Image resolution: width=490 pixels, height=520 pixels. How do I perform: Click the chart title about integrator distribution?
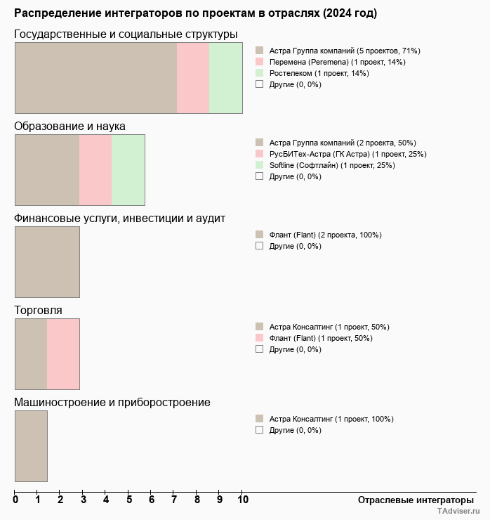[195, 13]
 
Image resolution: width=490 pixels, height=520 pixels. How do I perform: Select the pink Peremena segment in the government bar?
[193, 77]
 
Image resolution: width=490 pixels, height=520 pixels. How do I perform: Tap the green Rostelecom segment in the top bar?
[225, 77]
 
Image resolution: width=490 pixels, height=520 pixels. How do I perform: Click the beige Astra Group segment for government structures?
[95, 77]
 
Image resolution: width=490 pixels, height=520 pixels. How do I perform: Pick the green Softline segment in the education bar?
[128, 169]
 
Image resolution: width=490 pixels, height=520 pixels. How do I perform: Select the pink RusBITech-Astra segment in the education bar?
[95, 169]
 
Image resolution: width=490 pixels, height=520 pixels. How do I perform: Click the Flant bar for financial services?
[47, 261]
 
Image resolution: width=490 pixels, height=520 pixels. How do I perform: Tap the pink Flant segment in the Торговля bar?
[63, 353]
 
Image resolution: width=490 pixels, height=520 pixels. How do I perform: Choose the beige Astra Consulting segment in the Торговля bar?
[31, 353]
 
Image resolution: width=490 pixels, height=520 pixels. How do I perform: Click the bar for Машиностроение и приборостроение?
[31, 446]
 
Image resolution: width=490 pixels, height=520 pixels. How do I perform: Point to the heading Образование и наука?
[70, 126]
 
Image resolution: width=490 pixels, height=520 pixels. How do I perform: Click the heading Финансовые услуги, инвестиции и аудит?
[120, 218]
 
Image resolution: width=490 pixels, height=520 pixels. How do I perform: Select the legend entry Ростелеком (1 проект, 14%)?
[319, 73]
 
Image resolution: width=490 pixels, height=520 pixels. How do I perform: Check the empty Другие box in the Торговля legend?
[260, 349]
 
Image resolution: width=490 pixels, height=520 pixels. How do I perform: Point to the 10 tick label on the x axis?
[242, 500]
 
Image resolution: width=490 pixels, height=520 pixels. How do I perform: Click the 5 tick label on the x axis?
[129, 500]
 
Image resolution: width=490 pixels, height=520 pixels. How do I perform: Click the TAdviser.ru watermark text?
[458, 512]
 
